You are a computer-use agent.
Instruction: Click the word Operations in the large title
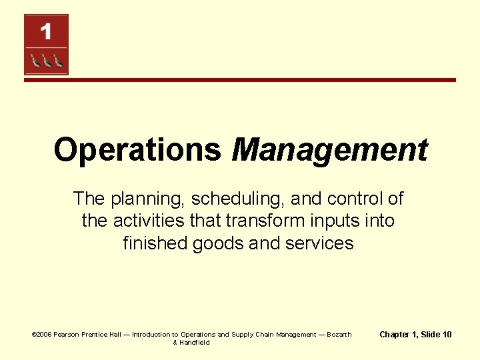point(137,150)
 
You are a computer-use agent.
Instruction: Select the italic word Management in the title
point(329,150)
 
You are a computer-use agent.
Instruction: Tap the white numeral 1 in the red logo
point(45,31)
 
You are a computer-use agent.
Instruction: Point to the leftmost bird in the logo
point(35,61)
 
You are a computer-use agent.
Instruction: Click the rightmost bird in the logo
point(58,61)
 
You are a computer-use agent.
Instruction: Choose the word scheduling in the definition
point(228,199)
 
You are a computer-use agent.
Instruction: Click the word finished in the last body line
point(155,243)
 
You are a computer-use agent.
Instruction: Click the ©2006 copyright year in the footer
point(43,335)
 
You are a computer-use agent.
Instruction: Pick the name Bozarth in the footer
point(339,335)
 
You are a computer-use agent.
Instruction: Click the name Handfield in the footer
point(195,343)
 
